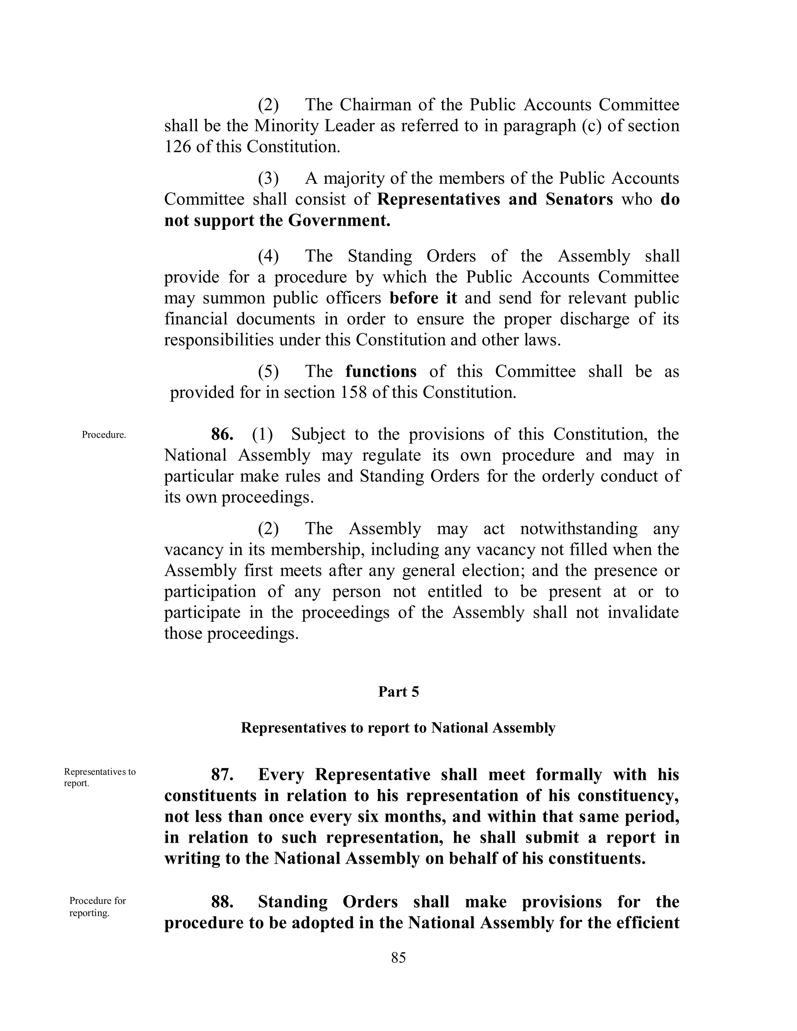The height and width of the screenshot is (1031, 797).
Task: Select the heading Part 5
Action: click(x=398, y=692)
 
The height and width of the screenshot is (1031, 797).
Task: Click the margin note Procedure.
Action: click(x=104, y=435)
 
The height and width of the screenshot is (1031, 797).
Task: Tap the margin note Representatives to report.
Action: click(x=100, y=777)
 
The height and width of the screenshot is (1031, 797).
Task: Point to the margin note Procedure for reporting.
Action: click(x=98, y=907)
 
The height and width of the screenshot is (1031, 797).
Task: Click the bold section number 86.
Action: click(x=222, y=434)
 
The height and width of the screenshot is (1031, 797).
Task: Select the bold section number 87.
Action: click(x=222, y=775)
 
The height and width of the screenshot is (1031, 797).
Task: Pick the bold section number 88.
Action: click(x=222, y=902)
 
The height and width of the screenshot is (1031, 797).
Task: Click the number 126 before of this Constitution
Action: click(x=177, y=147)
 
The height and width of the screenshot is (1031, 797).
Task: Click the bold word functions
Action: click(x=381, y=372)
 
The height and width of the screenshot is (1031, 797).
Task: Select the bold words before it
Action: click(x=423, y=298)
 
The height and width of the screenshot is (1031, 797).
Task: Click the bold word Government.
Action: click(x=339, y=221)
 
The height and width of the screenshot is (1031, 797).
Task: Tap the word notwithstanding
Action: click(x=579, y=529)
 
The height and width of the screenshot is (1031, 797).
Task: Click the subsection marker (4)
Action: click(x=268, y=256)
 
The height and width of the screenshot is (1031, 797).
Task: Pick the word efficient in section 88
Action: click(x=650, y=923)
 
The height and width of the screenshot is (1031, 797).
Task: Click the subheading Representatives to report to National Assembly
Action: click(x=398, y=728)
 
